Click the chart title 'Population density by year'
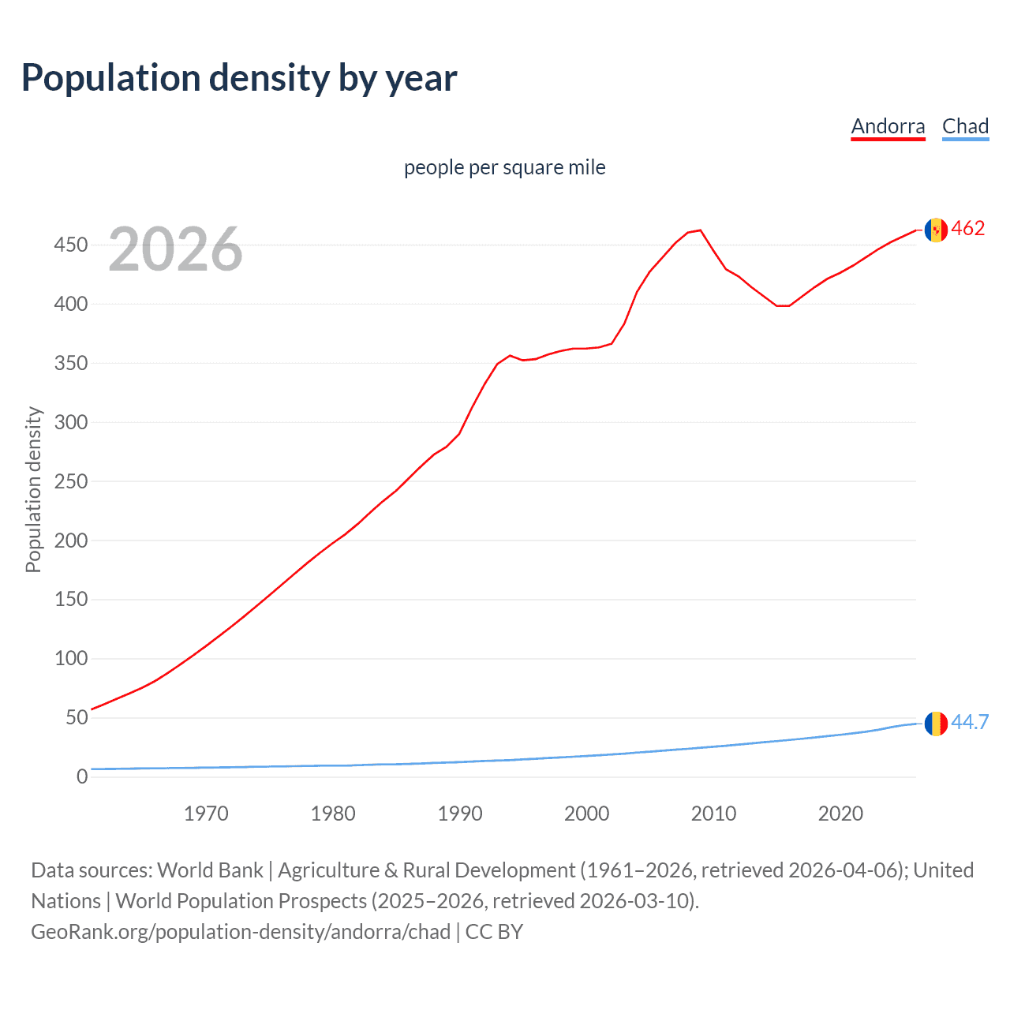pos(239,78)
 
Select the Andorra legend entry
pos(888,126)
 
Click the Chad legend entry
pos(965,126)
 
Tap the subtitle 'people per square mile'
pos(504,168)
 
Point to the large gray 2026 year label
pos(175,249)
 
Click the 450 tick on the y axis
pos(70,245)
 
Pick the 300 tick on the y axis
pos(70,422)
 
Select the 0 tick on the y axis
pos(82,776)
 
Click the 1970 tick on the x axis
pos(206,814)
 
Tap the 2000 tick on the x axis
pos(586,814)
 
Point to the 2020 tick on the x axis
pos(840,814)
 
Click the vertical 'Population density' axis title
pos(33,489)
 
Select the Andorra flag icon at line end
pos(936,230)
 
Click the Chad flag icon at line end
pos(936,723)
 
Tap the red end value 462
pos(968,229)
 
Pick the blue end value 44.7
pos(970,722)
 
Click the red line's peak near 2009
pos(700,230)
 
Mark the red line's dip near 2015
pos(782,305)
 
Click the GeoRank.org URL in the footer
pos(241,932)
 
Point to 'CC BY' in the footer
pos(494,932)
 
